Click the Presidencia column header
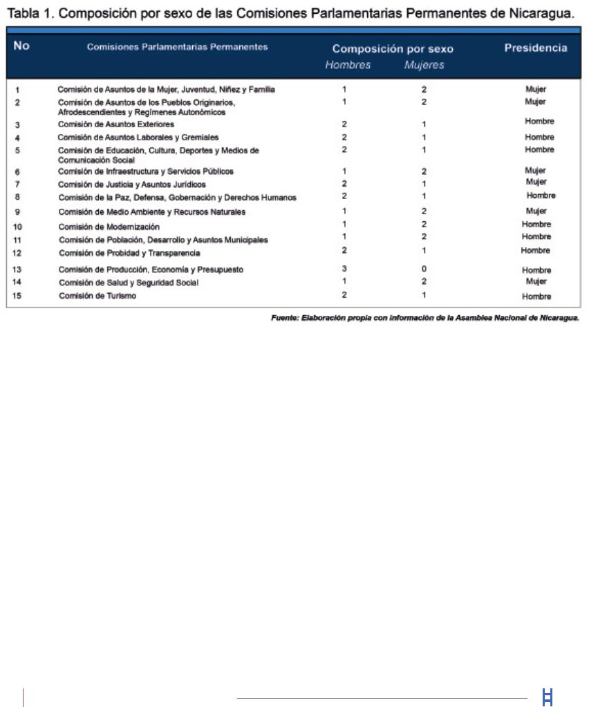[535, 48]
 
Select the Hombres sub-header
[348, 65]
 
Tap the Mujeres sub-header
[424, 66]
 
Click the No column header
[21, 47]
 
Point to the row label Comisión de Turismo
[97, 296]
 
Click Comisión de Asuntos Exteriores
[116, 124]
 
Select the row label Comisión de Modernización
[109, 227]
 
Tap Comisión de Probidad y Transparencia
[129, 253]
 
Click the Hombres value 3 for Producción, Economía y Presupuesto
[344, 269]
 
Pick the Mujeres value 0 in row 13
[424, 269]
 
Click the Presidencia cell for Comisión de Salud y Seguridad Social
[536, 282]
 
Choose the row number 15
[18, 296]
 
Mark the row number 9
[17, 211]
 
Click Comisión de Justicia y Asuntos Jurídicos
[131, 185]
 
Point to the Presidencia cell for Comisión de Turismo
[536, 296]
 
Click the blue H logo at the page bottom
[548, 698]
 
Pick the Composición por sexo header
[393, 49]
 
